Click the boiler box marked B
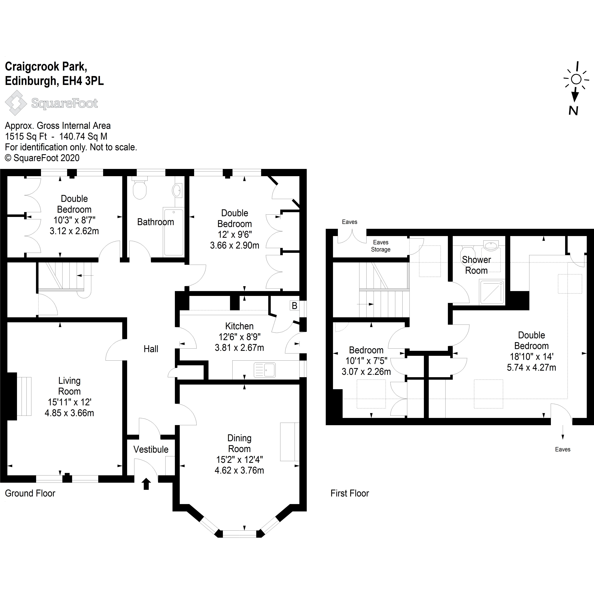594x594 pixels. [x=294, y=306]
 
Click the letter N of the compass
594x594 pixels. [x=573, y=110]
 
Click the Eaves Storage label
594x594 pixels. [x=381, y=246]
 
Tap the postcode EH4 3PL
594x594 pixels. [x=83, y=81]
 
